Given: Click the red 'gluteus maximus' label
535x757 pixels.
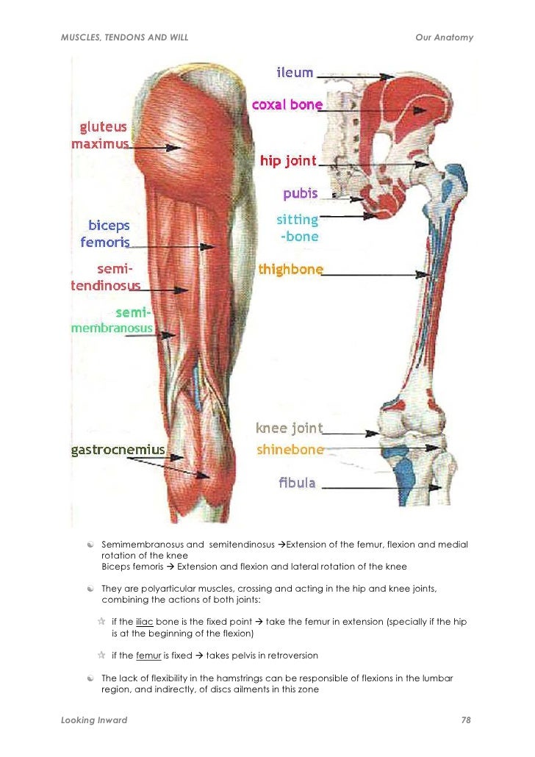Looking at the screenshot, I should coord(100,135).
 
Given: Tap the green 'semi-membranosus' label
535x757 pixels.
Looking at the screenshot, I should coord(112,320).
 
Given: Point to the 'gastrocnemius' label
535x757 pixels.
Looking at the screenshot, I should coord(118,449).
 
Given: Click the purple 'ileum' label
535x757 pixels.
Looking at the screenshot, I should coord(295,73).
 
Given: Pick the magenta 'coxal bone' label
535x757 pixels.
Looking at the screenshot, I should coord(287,104).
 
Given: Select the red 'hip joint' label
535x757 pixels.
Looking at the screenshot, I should coord(288,160).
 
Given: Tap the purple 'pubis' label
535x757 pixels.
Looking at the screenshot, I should coord(300,193).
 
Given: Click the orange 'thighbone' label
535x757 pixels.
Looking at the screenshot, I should coord(290,270).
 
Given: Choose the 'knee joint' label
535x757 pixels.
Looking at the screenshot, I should coord(289,428).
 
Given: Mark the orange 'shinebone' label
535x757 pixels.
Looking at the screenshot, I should coord(290,449).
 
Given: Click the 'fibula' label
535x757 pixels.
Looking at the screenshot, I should coord(297,483).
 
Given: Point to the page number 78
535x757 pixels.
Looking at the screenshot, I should coord(465,720).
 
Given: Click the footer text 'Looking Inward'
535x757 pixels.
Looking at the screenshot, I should coord(94,720).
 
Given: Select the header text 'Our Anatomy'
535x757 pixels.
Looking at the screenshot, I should coord(444,37).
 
